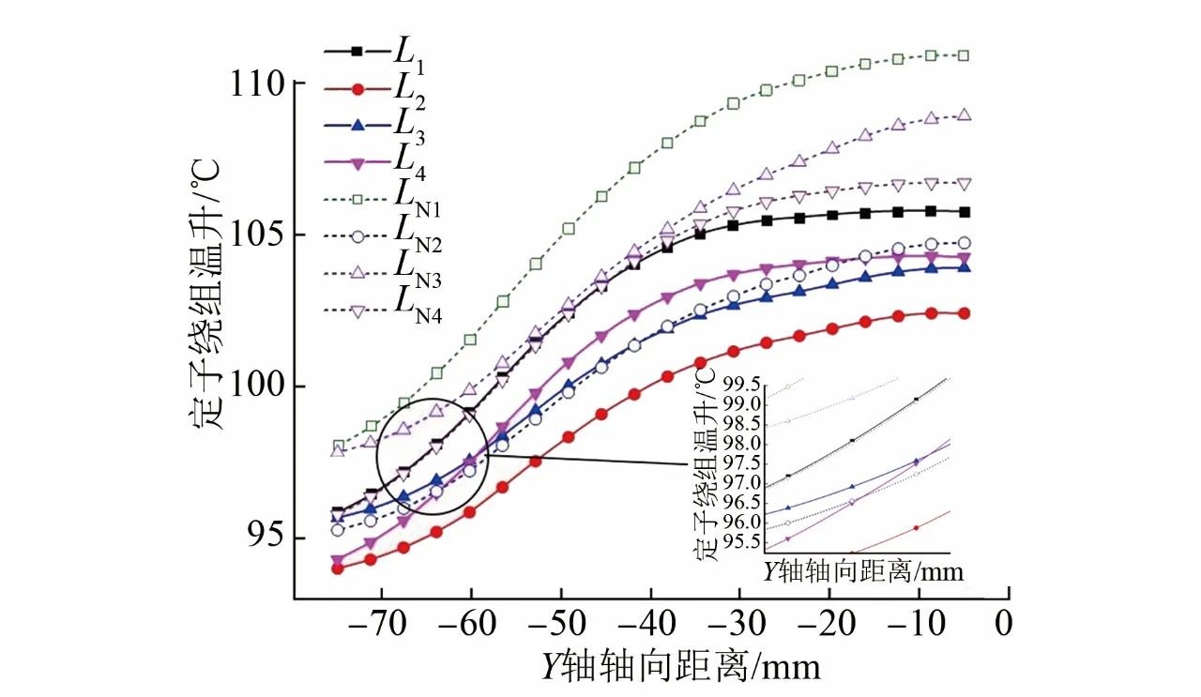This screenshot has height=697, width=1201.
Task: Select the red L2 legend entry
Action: point(370,89)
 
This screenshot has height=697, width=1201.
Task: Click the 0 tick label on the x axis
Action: point(1005,625)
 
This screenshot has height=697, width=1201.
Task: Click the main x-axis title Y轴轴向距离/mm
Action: point(679,666)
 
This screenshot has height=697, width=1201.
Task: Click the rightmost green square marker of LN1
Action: point(964,55)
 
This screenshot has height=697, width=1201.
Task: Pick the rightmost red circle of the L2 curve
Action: point(964,313)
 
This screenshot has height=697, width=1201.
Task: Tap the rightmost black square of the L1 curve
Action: point(964,212)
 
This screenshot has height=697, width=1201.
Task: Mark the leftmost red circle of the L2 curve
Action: point(338,568)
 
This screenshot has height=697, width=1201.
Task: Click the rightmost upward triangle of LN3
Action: point(964,115)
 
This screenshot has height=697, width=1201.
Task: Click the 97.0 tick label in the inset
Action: point(741,482)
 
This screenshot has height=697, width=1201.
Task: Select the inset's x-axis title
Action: point(862,570)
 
